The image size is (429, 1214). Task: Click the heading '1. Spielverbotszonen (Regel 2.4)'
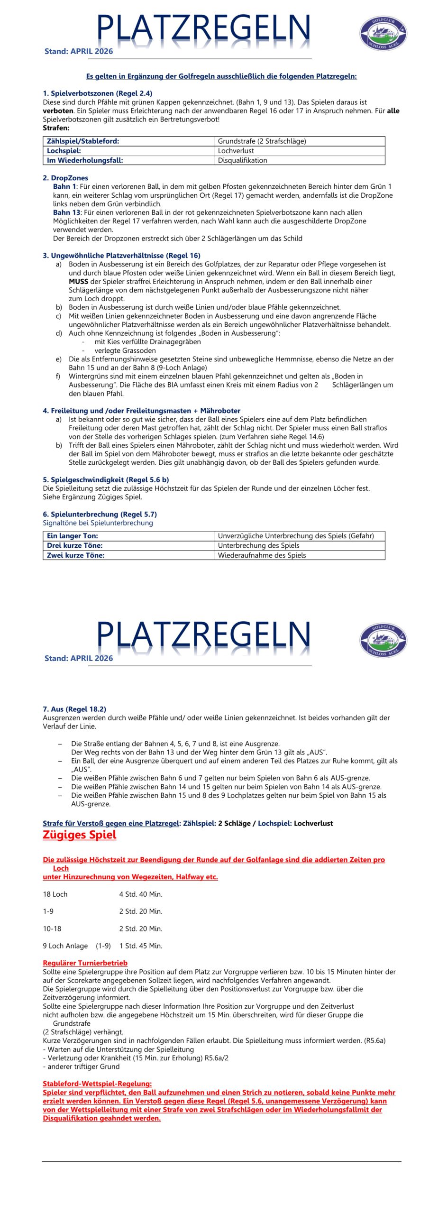coord(97,93)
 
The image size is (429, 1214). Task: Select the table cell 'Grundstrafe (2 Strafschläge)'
coord(262,141)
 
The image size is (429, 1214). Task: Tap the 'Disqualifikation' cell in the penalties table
coord(242,160)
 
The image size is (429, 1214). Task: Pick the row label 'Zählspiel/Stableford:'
coord(83,141)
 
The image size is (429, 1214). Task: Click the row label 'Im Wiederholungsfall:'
coord(85,160)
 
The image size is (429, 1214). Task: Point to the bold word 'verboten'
coord(58,110)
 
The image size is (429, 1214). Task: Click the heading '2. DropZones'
coord(65,178)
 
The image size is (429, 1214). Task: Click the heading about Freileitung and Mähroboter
coord(141,411)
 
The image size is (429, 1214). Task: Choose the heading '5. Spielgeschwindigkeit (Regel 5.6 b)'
coord(106,479)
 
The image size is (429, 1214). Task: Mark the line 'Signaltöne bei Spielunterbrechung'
coord(98,523)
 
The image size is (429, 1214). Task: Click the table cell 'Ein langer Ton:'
coord(73,536)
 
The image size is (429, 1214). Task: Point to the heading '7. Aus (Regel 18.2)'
coord(74,709)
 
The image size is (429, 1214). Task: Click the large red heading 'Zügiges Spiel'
coord(79,835)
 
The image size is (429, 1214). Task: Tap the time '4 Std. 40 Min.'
coord(141,894)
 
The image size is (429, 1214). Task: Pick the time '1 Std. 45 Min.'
coord(141,946)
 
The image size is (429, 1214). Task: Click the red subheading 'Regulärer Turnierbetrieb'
coord(85,963)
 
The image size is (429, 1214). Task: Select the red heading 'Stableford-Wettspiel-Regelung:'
coord(97,1084)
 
